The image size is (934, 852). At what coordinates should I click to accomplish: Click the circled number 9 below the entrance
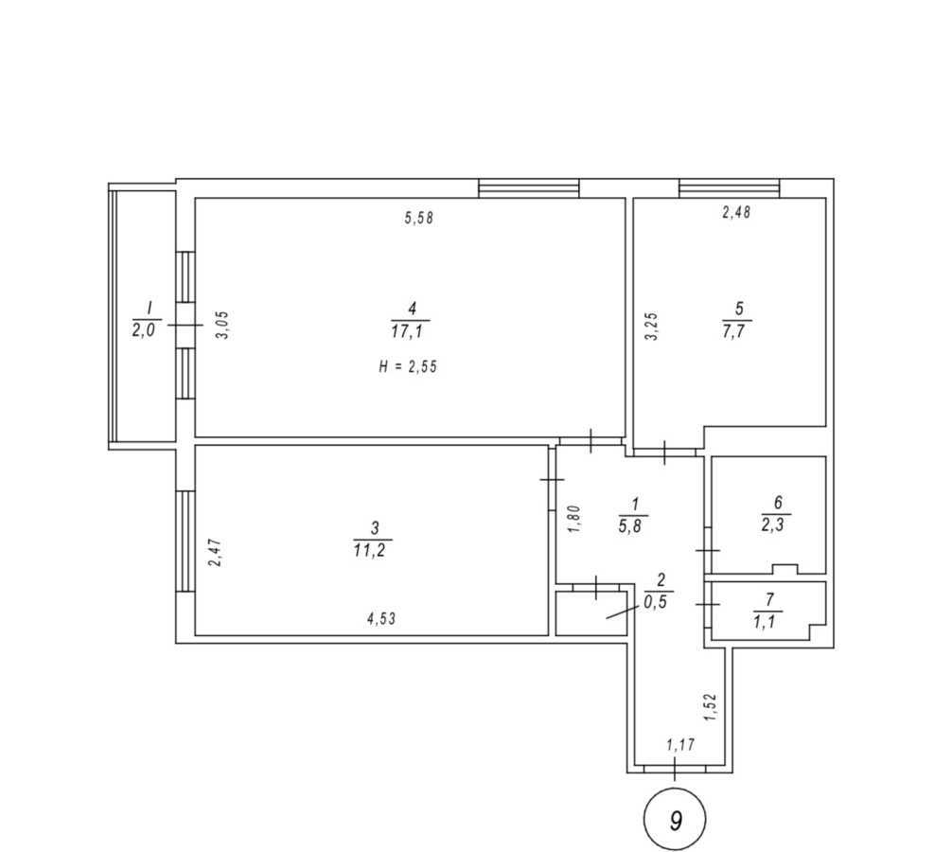pyautogui.click(x=675, y=820)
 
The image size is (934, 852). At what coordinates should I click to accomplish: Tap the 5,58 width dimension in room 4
pyautogui.click(x=418, y=219)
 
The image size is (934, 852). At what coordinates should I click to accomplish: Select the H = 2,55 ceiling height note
pyautogui.click(x=408, y=366)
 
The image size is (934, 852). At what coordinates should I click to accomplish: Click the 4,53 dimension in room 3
pyautogui.click(x=380, y=619)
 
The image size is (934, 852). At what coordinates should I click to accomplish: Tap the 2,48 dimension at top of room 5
pyautogui.click(x=736, y=214)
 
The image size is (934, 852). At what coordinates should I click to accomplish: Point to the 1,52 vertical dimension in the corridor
pyautogui.click(x=712, y=708)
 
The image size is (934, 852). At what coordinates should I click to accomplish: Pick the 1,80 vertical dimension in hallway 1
pyautogui.click(x=573, y=520)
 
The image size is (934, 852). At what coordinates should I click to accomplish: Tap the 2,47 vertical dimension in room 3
pyautogui.click(x=215, y=552)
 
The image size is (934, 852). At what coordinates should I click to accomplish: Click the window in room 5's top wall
pyautogui.click(x=729, y=187)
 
